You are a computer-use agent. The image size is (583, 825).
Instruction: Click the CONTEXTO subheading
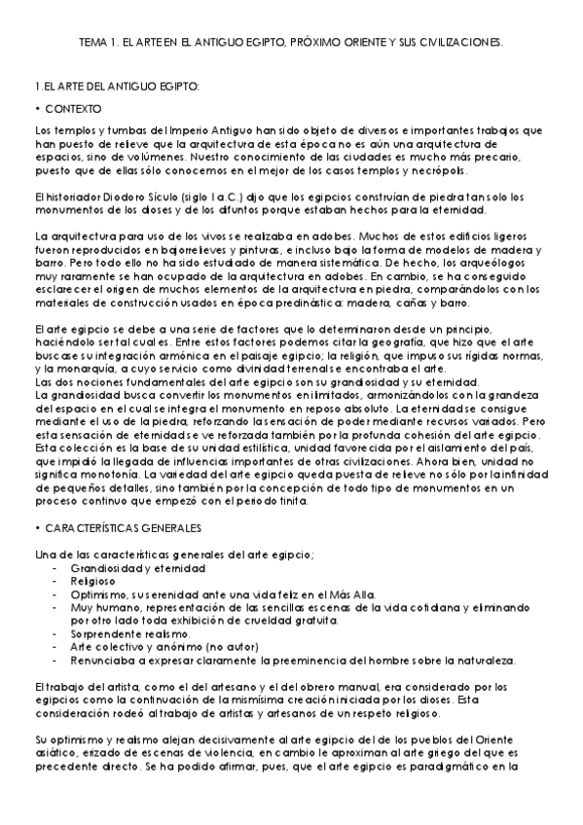tap(72, 108)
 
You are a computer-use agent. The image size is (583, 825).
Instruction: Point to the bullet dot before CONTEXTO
tap(36, 108)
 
